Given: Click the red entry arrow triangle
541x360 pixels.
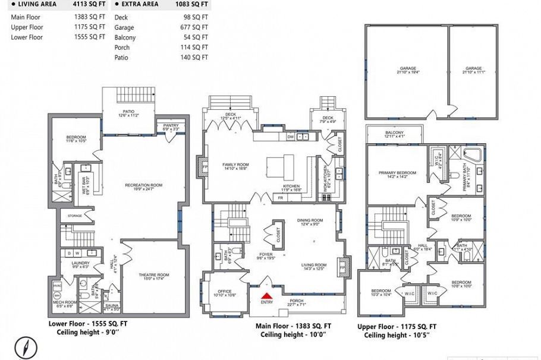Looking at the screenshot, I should [267, 293].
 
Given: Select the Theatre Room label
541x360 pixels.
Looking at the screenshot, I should [154, 274].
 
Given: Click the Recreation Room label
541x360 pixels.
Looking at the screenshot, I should [143, 185].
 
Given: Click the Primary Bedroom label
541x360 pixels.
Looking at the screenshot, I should [397, 173].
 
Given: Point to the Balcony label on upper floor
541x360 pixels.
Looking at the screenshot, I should [395, 132].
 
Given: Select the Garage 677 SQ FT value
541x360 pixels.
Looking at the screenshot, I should [194, 27].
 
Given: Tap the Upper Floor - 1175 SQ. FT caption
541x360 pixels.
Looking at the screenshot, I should [397, 327].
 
